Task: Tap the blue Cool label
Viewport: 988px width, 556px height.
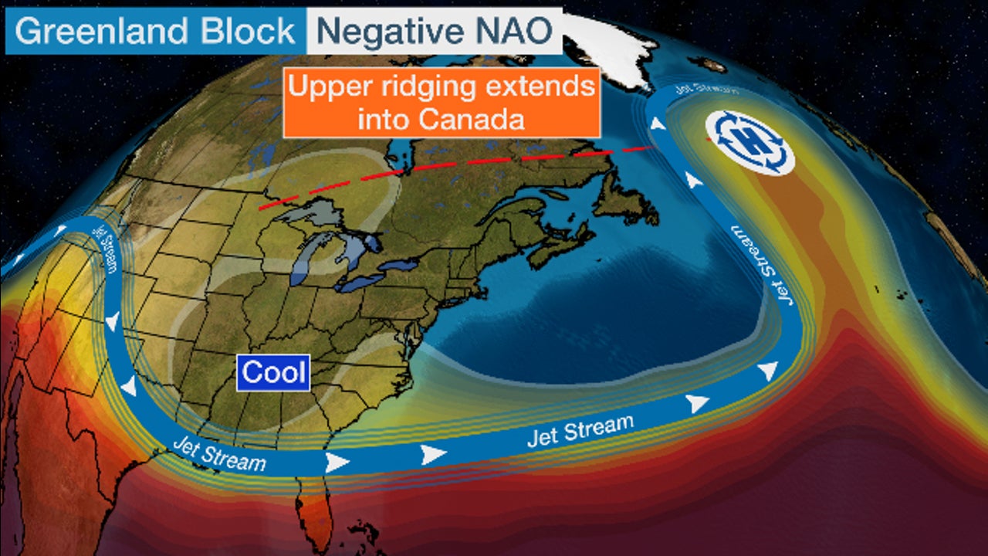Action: pos(273,372)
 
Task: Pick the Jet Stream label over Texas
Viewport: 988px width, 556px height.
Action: pos(219,454)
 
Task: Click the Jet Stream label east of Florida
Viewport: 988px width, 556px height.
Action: pos(580,430)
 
